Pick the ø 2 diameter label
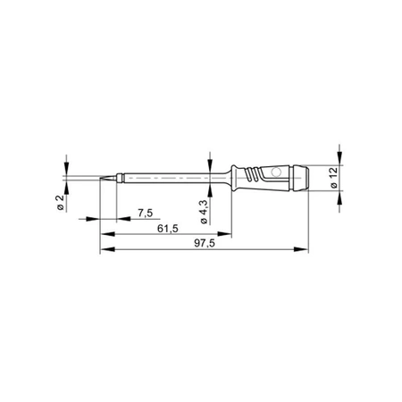coord(61,202)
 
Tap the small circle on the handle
coord(276,172)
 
